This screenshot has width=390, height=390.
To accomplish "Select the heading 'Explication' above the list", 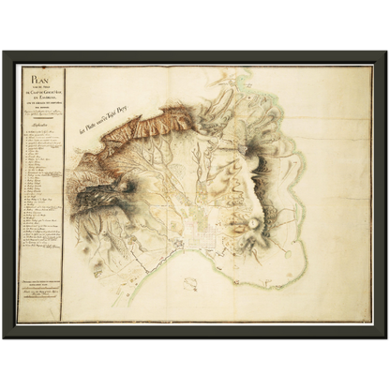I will [x=40, y=121].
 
